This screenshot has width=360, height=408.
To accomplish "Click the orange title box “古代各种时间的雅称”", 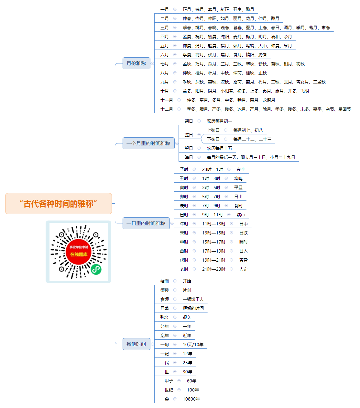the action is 58,203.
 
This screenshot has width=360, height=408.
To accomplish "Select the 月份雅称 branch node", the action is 136,63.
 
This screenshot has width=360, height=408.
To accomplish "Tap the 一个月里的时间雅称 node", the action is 148,143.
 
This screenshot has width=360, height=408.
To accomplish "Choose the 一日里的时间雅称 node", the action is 146,223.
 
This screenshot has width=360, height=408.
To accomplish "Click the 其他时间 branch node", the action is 136,344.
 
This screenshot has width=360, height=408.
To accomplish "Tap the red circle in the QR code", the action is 79,252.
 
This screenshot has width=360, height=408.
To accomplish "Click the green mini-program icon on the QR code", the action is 96,269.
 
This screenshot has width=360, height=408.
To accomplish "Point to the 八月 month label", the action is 164,73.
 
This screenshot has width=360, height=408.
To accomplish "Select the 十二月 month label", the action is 167,109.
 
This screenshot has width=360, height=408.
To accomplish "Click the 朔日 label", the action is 189,121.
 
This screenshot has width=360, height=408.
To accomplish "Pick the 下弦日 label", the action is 213,139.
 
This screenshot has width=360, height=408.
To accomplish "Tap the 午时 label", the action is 184,224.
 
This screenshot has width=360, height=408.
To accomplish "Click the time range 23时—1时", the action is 213,169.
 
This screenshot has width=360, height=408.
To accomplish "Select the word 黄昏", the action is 244,260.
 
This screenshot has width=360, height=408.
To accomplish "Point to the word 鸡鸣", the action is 238,178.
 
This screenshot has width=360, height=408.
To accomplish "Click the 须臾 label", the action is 164,290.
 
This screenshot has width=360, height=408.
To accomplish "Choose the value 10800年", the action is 191,399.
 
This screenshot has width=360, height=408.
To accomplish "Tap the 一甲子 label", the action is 167,380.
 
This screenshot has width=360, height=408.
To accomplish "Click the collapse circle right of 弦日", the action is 199,134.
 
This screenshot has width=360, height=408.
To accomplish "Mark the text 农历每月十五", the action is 219,148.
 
